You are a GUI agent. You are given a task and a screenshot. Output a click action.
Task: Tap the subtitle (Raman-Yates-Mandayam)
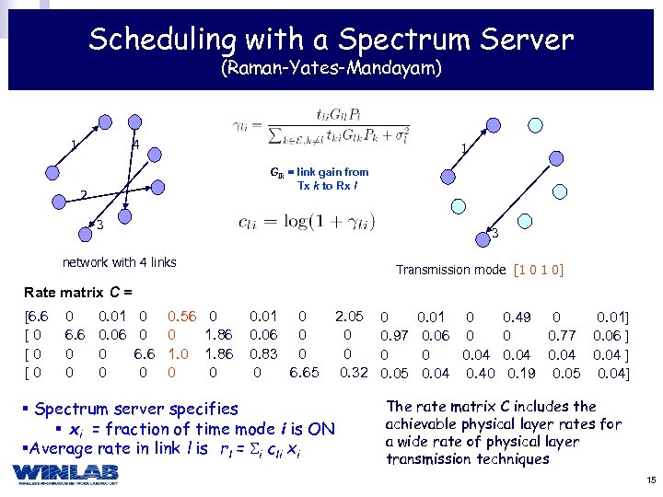pos(331,69)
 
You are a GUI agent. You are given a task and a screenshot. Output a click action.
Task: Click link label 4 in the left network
pos(135,145)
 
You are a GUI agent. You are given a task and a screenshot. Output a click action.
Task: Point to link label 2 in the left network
pos(82,195)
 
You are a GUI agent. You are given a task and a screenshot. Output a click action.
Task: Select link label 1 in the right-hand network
pos(464,147)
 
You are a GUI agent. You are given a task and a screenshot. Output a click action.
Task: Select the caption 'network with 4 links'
pos(119,262)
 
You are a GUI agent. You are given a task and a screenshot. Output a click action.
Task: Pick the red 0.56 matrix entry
pos(181,318)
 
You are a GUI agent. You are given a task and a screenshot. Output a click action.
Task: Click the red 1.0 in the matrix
pos(178,353)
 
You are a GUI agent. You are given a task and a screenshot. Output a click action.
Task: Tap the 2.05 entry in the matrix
pos(349,318)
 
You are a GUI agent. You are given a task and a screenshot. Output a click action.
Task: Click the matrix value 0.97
pos(394,336)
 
